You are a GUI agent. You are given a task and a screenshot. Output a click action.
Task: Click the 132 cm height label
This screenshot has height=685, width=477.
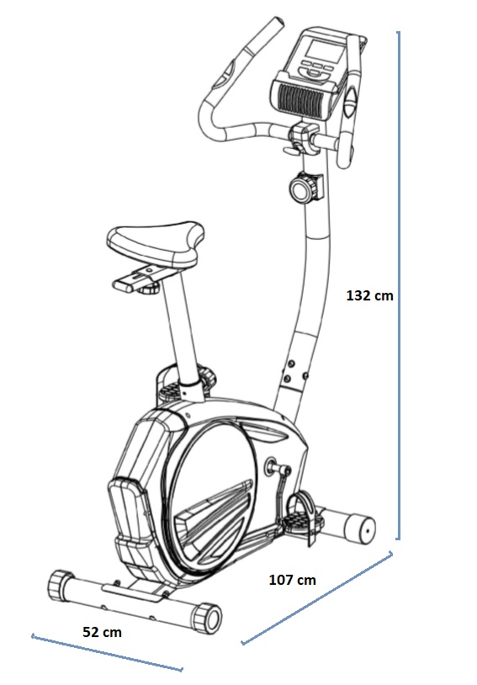pyautogui.click(x=369, y=295)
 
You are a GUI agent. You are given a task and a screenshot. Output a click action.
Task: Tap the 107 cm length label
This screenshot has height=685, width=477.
pyautogui.click(x=292, y=580)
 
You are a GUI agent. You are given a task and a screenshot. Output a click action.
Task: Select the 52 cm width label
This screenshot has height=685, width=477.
pyautogui.click(x=103, y=632)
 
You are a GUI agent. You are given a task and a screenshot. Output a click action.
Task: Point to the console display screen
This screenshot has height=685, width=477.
pyautogui.click(x=325, y=51)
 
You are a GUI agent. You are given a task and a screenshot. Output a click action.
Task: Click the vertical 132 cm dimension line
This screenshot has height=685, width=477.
pyautogui.click(x=398, y=285)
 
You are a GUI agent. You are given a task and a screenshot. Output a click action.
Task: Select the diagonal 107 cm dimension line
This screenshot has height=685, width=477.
pyautogui.click(x=317, y=598)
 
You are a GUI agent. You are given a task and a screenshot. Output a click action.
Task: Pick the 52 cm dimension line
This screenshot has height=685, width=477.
pyautogui.click(x=107, y=653)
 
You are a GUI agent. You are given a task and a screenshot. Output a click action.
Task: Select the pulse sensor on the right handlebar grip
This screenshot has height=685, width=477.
pyautogui.click(x=351, y=101)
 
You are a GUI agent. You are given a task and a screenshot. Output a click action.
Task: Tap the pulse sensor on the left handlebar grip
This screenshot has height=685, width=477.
pyautogui.click(x=228, y=72)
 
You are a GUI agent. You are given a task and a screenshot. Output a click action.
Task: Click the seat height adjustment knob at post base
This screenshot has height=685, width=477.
pyautogui.click(x=207, y=376)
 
